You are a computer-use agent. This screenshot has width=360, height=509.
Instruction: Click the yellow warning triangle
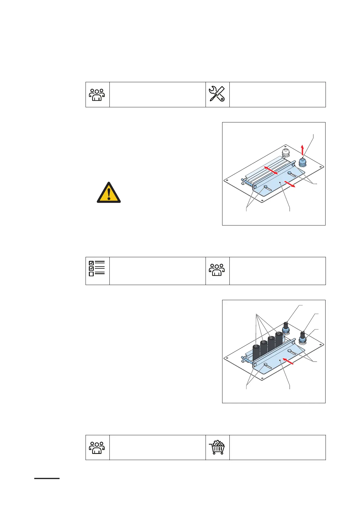point(109,193)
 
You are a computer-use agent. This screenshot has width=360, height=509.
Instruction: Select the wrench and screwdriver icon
point(217,94)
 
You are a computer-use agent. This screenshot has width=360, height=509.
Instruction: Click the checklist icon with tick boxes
point(97,268)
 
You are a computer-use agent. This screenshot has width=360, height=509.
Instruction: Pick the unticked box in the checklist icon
point(91,274)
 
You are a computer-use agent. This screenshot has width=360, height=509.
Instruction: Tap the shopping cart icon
point(217,447)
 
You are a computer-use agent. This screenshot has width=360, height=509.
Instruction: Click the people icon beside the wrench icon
point(97,95)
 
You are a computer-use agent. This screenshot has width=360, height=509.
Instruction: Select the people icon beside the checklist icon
point(217,270)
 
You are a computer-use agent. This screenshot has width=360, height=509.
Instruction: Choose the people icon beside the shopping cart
point(97,448)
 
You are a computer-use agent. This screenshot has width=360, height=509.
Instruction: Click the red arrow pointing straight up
point(303,150)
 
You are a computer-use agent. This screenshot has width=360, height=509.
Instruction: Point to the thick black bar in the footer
point(47,478)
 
